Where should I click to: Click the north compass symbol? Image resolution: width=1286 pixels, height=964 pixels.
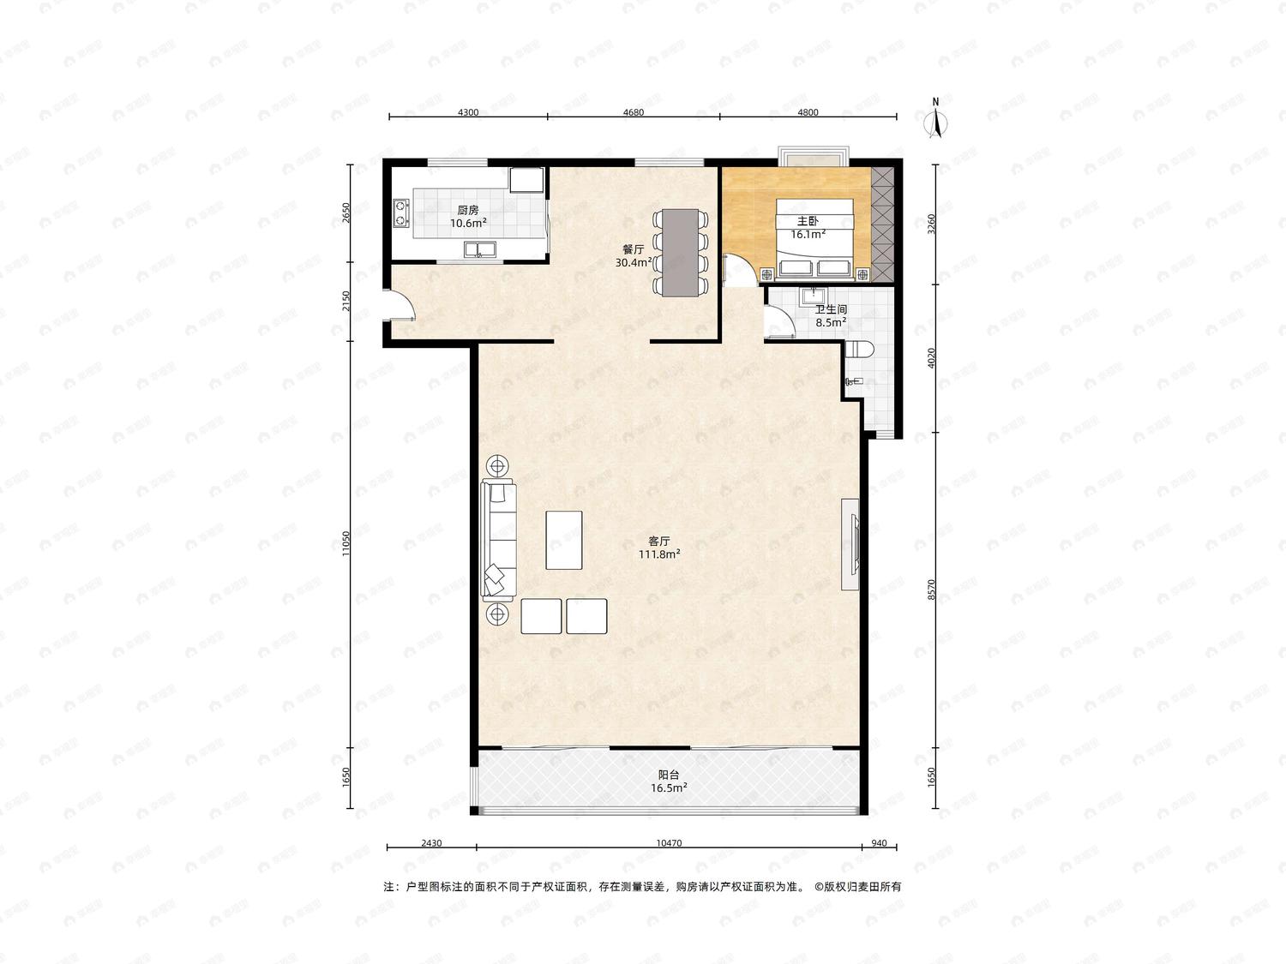coord(936,119)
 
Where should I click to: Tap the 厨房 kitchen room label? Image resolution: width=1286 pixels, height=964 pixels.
coord(467,210)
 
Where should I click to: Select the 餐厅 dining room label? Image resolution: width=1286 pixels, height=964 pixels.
coord(634,249)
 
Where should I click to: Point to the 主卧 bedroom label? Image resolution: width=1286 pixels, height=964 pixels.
coord(808,221)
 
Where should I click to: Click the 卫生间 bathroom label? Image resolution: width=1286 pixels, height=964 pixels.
coord(831,309)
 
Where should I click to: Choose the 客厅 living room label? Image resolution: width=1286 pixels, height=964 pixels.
coord(659,541)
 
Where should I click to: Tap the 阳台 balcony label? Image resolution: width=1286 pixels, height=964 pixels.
coord(669,775)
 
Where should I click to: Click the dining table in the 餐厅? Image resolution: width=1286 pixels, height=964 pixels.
coord(680,253)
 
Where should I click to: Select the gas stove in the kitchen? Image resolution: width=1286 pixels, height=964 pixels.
coord(400,213)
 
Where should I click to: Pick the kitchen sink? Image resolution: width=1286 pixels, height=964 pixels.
coord(479,250)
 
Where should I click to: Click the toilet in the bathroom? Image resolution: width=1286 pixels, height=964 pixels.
coord(860,350)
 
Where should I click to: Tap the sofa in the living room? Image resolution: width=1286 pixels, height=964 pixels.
coord(499,539)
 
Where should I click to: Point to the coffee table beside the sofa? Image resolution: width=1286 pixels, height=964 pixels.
coord(563,540)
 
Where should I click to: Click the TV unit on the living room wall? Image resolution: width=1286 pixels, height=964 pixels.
coord(850,544)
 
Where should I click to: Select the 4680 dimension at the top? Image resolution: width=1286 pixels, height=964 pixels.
coord(634,112)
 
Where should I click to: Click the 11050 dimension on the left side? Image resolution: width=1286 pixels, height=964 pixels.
coord(346,543)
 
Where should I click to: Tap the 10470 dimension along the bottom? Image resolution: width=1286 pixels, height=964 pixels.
coord(669,843)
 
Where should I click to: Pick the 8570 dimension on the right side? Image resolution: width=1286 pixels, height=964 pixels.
coord(932,590)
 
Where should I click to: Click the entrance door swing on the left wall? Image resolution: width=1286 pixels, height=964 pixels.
coord(400,304)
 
